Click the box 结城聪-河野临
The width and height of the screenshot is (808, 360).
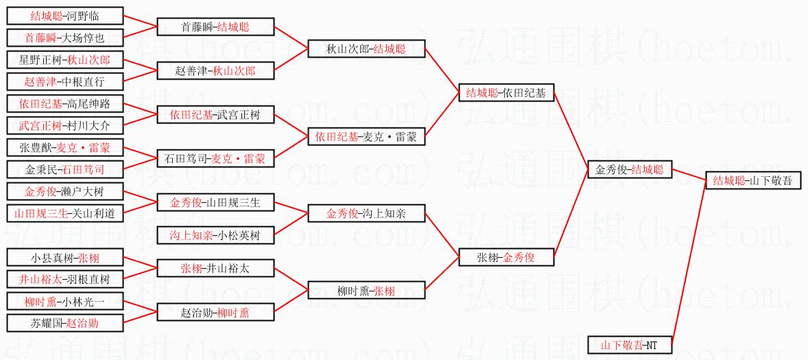point(65,16)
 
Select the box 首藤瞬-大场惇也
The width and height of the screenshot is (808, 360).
point(65,38)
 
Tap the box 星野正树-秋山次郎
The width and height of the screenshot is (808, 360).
point(65,60)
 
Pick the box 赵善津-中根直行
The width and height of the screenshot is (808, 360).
point(65,82)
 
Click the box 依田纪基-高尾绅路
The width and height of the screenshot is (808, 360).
point(65,104)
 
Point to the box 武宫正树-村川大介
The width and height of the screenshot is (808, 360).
point(65,126)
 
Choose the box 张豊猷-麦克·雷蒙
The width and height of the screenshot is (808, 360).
point(65,147)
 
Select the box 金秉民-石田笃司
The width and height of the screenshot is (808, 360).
point(65,169)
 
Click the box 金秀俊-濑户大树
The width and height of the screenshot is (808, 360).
point(65,191)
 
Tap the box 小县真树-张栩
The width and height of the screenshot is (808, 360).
point(65,258)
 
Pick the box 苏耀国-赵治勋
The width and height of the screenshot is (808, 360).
point(65,323)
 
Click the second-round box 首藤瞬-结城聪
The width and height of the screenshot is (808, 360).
point(215,27)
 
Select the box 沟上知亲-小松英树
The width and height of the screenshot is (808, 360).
point(215,235)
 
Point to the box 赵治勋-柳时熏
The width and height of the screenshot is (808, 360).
point(215,313)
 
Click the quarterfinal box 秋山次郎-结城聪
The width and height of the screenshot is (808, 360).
point(366,49)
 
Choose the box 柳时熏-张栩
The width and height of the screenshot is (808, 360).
point(366,291)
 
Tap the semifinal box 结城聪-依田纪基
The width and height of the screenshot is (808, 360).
point(506,93)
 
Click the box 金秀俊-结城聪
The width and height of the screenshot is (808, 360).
point(630,169)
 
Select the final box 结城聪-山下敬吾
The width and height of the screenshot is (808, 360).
point(752,181)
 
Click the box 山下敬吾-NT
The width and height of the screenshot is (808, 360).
point(630,345)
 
